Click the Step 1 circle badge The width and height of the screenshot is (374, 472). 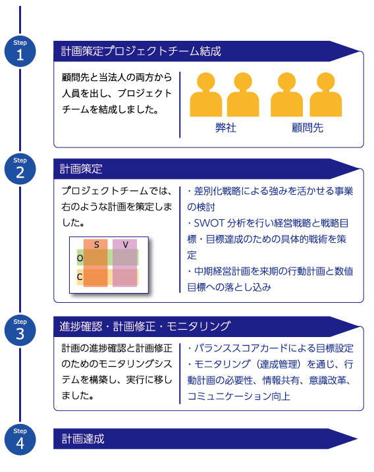tap(20, 51)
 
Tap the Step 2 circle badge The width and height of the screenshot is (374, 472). tap(20, 169)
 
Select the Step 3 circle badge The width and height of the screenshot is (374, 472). tap(20, 330)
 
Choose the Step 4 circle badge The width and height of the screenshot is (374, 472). tap(20, 440)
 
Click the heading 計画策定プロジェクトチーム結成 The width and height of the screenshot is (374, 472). tap(141, 51)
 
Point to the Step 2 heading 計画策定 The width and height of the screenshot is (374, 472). tap(81, 169)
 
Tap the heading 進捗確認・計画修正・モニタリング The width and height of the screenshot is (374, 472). tap(145, 327)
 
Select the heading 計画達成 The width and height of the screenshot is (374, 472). tap(83, 439)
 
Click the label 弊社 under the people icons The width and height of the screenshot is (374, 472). tap(226, 128)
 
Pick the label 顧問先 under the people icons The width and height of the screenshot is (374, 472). tap(307, 128)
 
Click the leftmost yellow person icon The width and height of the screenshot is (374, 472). tap(206, 95)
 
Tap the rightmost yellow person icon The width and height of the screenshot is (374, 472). tap(326, 95)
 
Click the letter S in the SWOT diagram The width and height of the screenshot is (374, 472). tap(96, 245)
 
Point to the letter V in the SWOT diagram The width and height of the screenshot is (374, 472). tap(126, 245)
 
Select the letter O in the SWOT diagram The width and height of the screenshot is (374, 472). tap(80, 258)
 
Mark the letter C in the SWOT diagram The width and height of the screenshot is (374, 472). tap(80, 276)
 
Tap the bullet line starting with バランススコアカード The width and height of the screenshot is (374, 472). tap(271, 348)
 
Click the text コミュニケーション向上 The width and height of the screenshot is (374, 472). tap(239, 396)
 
